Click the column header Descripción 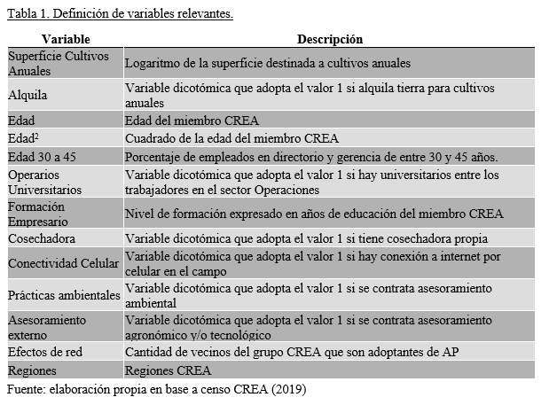[x=329, y=39]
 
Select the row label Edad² [x=24, y=137]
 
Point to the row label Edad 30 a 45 [x=39, y=156]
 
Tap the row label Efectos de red [x=44, y=352]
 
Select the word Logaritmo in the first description [x=153, y=64]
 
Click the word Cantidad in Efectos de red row [x=149, y=352]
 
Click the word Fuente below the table [x=26, y=388]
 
